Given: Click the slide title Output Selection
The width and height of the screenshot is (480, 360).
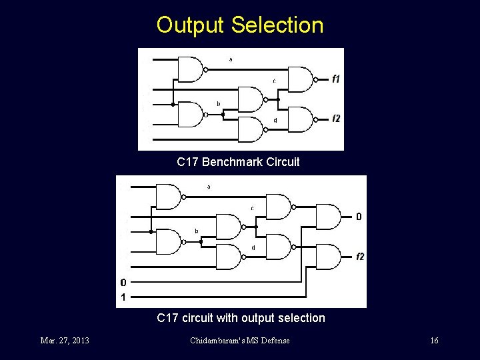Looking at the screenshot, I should coord(240,25).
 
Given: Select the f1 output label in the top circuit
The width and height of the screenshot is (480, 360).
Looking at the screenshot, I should coord(336,79).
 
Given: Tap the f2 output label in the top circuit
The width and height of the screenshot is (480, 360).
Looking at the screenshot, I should coord(336,119).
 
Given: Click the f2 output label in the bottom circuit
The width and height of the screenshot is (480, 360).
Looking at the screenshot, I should coord(359,257).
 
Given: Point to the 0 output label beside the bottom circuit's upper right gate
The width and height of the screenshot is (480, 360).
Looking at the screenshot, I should coord(359,217).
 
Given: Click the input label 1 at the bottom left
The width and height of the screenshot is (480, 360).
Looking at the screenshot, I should coord(123,297).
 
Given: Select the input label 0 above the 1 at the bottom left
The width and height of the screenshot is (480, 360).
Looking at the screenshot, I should coord(123,282).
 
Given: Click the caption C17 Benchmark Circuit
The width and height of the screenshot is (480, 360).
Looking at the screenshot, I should coord(238,162).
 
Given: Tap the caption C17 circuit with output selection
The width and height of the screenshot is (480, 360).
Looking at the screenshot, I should coord(241,318).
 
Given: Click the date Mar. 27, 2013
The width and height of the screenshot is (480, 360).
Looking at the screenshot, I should coord(65,341).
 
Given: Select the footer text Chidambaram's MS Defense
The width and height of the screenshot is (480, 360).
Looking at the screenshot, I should coord(240,341).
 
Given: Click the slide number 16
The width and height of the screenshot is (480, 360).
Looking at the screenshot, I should coord(434,341).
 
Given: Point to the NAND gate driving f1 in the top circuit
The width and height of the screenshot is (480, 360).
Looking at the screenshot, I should coord(301,79).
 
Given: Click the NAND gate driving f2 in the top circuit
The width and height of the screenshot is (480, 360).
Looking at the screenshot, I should coord(301,119).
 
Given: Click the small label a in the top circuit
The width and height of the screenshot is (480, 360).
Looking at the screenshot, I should coord(231,59).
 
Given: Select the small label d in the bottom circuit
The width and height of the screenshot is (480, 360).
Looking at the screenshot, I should coord(253,248).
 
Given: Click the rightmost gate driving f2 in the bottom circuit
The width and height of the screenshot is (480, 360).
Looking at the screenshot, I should coord(329,257).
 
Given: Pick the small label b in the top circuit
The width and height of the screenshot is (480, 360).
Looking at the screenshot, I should coord(218,103).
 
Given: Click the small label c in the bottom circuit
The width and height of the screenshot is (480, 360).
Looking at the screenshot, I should coord(252,208).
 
